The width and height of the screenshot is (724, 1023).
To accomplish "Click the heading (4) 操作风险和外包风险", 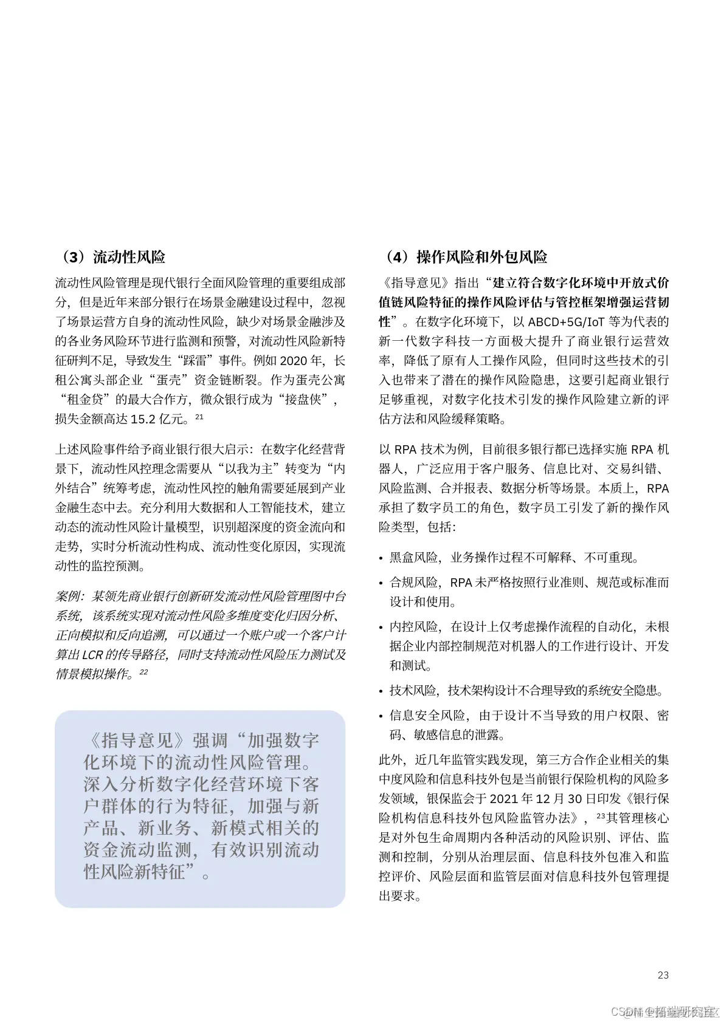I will coord(466,257).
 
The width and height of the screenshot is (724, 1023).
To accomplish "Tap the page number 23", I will coord(663,975).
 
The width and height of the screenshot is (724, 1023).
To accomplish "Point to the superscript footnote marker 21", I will coord(199,417).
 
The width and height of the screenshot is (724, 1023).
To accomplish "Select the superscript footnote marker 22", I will coord(143,672).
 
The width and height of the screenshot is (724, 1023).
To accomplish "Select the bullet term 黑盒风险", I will coord(413,557).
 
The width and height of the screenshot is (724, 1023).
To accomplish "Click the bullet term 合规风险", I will coord(413,583).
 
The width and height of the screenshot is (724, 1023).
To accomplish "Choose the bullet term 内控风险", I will coord(413,627).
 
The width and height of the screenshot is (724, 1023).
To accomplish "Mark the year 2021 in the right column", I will coord(503,799).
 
